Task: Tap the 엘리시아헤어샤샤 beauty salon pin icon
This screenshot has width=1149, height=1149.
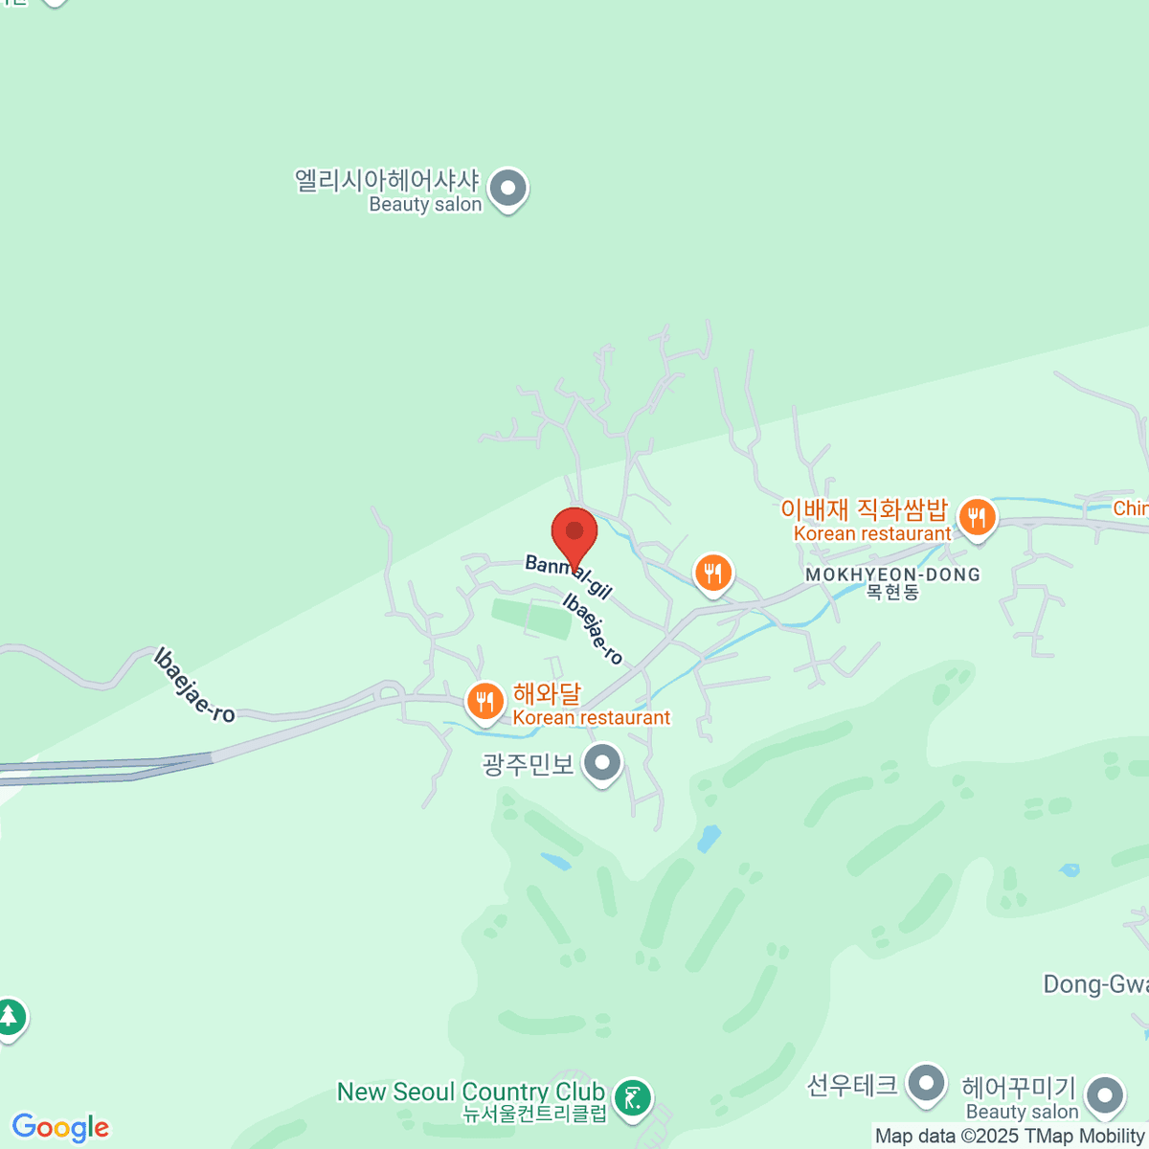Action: (x=507, y=189)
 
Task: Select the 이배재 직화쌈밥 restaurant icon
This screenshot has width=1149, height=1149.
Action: (x=977, y=518)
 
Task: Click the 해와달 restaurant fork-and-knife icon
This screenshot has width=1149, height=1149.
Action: (x=485, y=702)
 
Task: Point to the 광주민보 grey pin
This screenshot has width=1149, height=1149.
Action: (x=602, y=764)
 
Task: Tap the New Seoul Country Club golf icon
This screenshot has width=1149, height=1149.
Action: (x=632, y=1097)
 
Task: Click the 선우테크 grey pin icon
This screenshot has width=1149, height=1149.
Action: (x=925, y=1085)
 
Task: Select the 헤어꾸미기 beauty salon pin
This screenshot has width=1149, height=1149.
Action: (x=1104, y=1093)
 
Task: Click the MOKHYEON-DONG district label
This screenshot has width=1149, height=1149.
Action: (x=892, y=574)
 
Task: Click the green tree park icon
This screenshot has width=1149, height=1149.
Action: (x=10, y=1017)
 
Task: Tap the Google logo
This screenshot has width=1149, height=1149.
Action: (x=60, y=1128)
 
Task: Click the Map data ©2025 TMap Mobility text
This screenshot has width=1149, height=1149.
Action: (x=1009, y=1137)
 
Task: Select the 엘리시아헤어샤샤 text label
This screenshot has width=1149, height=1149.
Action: (x=386, y=180)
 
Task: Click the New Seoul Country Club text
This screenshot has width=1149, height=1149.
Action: (x=470, y=1092)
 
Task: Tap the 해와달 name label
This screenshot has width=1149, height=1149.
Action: (x=547, y=693)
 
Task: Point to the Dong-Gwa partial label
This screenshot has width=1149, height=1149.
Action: (x=1094, y=984)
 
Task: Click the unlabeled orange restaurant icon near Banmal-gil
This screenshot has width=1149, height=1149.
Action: (x=712, y=574)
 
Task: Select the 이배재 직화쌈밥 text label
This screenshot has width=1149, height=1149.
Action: (x=864, y=509)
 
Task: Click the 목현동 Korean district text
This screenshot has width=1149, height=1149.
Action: (x=892, y=593)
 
